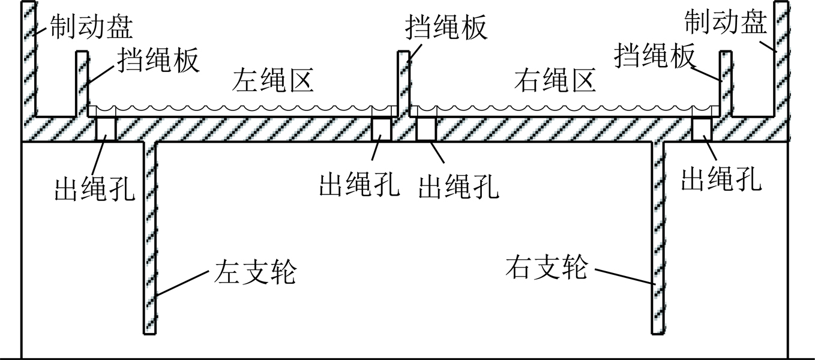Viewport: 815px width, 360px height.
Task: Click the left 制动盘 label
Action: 91,26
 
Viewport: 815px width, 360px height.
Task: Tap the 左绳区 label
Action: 272,80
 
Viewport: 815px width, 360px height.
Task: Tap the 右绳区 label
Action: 555,80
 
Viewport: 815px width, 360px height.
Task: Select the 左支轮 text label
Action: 255,272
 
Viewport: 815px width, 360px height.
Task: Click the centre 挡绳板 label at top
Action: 446,27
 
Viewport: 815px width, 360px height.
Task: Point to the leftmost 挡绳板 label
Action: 158,59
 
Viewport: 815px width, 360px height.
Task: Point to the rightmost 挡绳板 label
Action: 655,56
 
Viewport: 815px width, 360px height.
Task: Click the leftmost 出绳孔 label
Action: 95,189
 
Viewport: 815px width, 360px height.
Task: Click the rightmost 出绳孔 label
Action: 721,179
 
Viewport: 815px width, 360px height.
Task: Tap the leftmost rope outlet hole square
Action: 106,129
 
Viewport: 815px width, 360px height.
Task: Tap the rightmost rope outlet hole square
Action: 702,129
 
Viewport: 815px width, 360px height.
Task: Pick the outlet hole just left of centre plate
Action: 381,129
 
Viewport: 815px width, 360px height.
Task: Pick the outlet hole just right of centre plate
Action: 426,129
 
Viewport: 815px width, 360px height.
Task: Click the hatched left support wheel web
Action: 150,238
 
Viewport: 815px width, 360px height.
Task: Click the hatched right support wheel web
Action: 658,238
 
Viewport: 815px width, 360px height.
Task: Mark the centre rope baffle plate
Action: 403,83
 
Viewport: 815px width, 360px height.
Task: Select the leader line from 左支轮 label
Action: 182,283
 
